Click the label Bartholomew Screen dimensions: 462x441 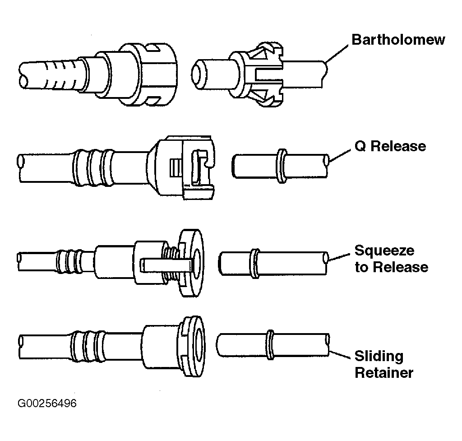coord(398,40)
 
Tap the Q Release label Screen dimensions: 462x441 coord(390,146)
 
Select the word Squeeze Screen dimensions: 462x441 coord(384,251)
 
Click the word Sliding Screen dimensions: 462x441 coord(379,357)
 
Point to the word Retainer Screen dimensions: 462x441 coord(384,372)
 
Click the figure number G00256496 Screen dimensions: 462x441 coord(47,403)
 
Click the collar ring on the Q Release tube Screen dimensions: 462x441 coord(282,166)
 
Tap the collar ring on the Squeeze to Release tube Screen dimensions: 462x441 coord(255,263)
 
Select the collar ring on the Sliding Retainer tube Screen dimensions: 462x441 coord(270,344)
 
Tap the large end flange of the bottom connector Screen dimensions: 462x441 coord(192,346)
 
